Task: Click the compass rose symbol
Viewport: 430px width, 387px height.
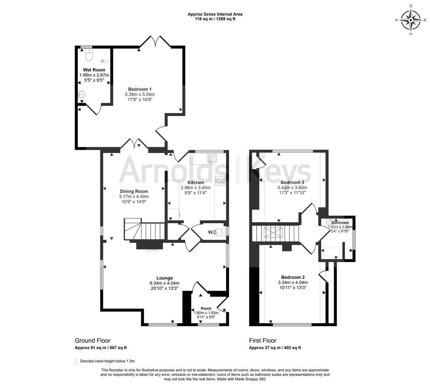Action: click(411, 20)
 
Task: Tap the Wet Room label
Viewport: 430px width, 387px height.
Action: click(94, 70)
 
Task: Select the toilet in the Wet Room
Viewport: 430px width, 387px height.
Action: click(89, 55)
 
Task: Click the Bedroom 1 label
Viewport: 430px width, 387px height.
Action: click(140, 89)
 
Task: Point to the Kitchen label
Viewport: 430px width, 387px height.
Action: click(196, 182)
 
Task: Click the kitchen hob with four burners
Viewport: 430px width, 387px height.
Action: click(220, 181)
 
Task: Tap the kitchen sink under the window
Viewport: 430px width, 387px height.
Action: click(212, 158)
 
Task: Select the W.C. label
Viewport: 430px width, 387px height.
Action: click(213, 232)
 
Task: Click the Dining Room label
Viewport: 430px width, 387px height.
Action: click(134, 192)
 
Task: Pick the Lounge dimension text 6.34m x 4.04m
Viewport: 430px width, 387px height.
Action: click(164, 283)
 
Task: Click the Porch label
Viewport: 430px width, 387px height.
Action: click(206, 309)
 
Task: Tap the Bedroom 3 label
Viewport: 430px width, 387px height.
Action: click(292, 182)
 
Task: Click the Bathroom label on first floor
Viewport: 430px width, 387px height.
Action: click(340, 223)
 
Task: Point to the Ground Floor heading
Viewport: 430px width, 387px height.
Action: click(93, 341)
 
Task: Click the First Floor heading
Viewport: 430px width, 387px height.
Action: click(263, 341)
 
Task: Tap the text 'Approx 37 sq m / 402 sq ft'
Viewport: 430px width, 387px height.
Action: click(275, 348)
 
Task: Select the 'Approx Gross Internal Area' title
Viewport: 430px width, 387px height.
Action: click(215, 14)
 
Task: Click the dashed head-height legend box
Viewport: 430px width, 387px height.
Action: click(76, 362)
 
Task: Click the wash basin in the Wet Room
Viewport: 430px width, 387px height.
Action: click(81, 95)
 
